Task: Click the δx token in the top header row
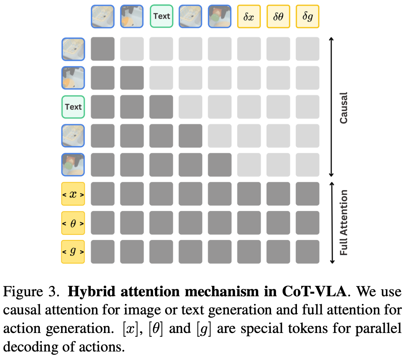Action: click(249, 16)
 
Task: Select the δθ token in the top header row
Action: click(278, 16)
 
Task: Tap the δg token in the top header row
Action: click(307, 16)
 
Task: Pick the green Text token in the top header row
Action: click(161, 16)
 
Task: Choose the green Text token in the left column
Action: click(73, 107)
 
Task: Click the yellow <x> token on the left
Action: click(73, 194)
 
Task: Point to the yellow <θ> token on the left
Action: click(73, 223)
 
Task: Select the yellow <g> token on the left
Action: click(73, 252)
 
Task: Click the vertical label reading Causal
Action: click(343, 107)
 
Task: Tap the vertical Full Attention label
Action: click(343, 223)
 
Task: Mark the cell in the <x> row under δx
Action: click(249, 194)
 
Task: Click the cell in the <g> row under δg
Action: click(307, 252)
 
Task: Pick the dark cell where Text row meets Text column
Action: click(161, 107)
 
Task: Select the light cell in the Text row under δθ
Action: click(278, 107)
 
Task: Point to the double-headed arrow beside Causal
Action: click(331, 107)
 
